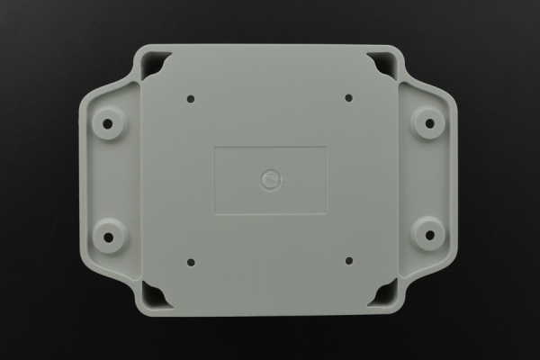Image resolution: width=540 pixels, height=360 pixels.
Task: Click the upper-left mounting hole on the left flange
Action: click(110, 123)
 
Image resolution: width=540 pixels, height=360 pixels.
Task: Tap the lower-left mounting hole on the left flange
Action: click(110, 237)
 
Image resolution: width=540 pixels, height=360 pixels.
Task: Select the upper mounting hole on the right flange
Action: click(429, 123)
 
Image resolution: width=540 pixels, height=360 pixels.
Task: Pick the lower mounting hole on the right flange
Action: click(429, 237)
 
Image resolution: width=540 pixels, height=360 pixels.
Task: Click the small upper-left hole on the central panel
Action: click(191, 98)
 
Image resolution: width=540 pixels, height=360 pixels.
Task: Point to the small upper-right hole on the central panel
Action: click(348, 98)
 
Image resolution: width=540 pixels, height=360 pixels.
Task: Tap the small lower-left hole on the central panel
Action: click(191, 262)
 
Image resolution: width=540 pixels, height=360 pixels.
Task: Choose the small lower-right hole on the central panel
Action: click(348, 262)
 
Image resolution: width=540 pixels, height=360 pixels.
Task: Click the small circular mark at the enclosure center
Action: click(270, 180)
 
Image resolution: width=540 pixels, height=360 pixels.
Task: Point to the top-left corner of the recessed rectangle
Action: click(214, 147)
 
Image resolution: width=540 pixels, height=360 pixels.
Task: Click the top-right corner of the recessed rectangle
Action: click(327, 147)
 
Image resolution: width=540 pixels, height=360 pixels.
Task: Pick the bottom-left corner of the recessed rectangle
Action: click(214, 214)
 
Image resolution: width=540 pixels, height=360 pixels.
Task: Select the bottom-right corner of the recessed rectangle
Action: click(327, 214)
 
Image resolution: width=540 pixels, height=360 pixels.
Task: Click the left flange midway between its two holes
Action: click(110, 180)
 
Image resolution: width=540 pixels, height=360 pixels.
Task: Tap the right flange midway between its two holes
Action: click(429, 180)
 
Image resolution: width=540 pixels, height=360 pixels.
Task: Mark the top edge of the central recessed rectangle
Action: click(270, 147)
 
